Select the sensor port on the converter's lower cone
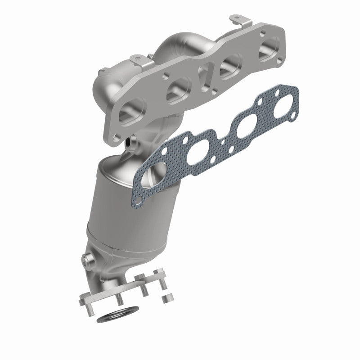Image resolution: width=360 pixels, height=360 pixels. click(x=87, y=260)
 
